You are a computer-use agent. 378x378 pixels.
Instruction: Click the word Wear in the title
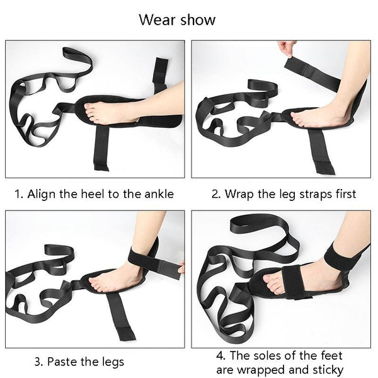[x=157, y=20]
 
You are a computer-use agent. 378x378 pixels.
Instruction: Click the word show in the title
[x=198, y=20]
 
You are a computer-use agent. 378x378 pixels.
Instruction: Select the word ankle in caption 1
[x=159, y=194]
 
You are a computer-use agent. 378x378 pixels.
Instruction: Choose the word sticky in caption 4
[x=328, y=370]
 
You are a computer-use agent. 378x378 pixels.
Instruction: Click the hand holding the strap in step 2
[x=287, y=49]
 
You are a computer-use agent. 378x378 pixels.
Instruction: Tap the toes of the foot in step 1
[x=90, y=112]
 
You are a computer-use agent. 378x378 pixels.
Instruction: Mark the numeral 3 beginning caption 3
[x=37, y=362]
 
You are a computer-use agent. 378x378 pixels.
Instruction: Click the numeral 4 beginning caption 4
[x=219, y=355]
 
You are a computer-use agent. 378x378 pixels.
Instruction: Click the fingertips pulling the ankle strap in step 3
[x=181, y=268]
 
